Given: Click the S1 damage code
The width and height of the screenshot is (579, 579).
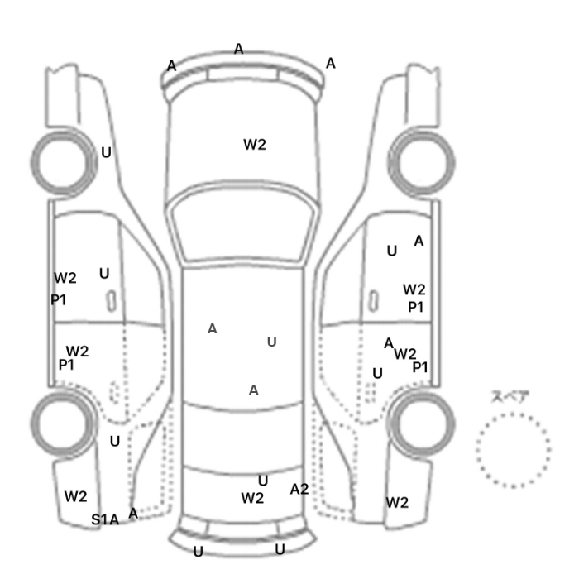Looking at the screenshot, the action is tap(99, 519).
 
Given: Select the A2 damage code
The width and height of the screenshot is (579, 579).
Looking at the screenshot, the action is tap(299, 490).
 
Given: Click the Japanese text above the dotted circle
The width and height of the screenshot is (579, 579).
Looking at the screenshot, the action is tap(505, 396).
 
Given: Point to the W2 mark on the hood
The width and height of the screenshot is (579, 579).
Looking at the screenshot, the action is tap(255, 145).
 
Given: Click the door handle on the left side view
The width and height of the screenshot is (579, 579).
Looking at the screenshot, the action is tap(111, 301).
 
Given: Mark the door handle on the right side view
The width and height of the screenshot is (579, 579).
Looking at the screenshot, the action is tap(374, 301).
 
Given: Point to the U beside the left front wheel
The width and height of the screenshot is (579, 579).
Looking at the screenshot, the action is tap(106, 152).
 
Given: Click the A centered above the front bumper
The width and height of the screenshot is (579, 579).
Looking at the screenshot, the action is tap(238, 49).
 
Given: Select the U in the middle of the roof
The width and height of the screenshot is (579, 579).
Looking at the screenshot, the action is tap(272, 342).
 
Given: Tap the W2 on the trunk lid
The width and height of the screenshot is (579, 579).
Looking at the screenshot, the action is tap(252, 498).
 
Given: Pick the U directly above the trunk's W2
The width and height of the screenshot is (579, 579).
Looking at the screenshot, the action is tap(263, 481).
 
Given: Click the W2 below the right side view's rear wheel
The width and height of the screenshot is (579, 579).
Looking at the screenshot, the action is tap(397, 503).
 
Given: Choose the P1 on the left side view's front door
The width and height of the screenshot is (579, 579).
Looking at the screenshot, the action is tap(59, 299).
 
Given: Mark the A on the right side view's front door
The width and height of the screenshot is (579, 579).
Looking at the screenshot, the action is tap(419, 241).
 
